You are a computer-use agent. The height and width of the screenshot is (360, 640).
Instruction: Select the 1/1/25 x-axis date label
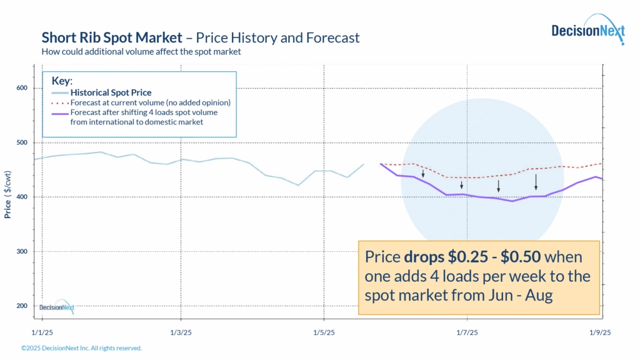pyautogui.click(x=42, y=332)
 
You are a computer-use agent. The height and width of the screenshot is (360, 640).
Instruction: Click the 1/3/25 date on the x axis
pyautogui.click(x=181, y=332)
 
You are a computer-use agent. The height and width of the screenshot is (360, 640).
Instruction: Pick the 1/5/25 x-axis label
pyautogui.click(x=324, y=332)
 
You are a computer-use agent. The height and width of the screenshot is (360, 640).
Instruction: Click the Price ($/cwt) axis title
pyautogui.click(x=8, y=197)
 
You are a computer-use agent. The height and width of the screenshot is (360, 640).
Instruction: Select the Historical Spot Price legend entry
pyautogui.click(x=111, y=92)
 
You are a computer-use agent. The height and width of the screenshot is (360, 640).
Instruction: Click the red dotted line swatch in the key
pyautogui.click(x=59, y=102)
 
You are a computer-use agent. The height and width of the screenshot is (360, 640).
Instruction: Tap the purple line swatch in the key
pyautogui.click(x=59, y=113)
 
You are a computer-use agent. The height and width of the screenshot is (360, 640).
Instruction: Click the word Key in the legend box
pyautogui.click(x=61, y=81)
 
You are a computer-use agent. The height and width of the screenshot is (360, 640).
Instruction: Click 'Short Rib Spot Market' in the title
pyautogui.click(x=111, y=37)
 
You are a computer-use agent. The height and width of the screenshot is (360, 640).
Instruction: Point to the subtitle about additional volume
pyautogui.click(x=141, y=52)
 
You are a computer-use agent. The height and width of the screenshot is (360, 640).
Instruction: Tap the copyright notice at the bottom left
pyautogui.click(x=81, y=348)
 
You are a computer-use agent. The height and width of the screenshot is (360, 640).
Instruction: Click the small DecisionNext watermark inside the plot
pyautogui.click(x=56, y=307)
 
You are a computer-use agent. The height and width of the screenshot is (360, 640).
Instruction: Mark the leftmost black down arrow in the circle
pyautogui.click(x=423, y=174)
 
